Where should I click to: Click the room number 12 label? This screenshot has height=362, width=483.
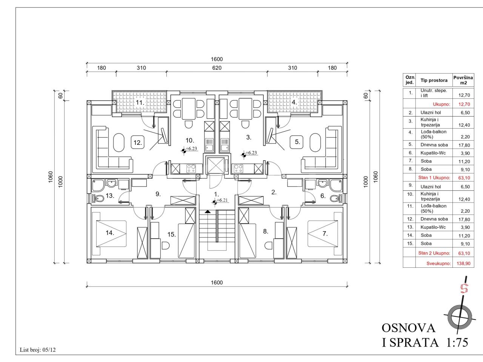138,143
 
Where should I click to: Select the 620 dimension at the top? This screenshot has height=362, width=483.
217,68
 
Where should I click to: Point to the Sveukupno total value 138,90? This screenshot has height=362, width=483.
463,263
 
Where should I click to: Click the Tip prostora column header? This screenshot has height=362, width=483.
434,80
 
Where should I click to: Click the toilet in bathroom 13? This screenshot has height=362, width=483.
98,198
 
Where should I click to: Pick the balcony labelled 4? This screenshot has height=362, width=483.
295,102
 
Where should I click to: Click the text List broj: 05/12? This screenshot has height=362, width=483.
38,350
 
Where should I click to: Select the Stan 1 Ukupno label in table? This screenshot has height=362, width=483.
434,178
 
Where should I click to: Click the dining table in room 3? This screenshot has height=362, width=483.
245,109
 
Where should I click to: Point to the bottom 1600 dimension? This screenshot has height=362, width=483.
217,282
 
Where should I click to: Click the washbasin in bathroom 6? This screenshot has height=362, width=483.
322,183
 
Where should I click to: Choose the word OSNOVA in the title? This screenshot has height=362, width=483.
409,328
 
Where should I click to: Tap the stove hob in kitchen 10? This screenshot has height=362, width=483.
191,169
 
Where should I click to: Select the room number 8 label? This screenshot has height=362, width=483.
265,231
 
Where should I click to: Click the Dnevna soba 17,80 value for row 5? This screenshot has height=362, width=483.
464,145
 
